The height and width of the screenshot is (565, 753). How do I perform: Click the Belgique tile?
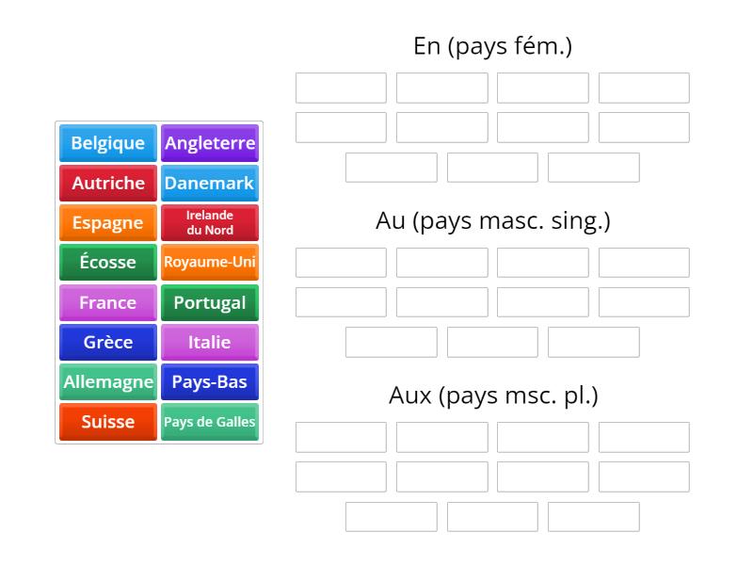[x=108, y=143]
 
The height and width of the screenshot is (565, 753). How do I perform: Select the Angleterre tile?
[x=210, y=143]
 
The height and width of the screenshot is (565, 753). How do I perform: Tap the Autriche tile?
[x=108, y=183]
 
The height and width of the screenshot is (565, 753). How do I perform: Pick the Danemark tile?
[x=210, y=183]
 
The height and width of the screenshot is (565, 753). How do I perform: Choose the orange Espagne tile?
[x=108, y=223]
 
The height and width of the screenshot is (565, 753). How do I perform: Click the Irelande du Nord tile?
[x=210, y=223]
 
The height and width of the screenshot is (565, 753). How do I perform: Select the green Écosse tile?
[x=108, y=263]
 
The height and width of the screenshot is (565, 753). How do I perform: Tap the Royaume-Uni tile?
[x=210, y=263]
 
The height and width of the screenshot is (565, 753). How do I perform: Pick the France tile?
[x=108, y=302]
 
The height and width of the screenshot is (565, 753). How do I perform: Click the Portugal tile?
[x=210, y=302]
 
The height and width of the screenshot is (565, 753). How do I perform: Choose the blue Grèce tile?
[x=108, y=342]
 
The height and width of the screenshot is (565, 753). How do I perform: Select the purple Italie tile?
[x=210, y=342]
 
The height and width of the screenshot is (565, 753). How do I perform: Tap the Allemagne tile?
[x=108, y=382]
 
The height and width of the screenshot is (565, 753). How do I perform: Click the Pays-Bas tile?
[x=210, y=382]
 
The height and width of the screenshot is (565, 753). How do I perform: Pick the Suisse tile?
[x=108, y=422]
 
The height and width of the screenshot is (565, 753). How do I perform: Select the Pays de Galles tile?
[x=210, y=422]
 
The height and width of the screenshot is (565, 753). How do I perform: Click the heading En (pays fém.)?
[x=492, y=46]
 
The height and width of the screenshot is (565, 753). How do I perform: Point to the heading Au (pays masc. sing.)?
[x=492, y=221]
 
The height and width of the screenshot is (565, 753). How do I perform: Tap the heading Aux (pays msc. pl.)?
[x=492, y=395]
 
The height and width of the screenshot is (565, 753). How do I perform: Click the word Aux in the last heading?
[x=409, y=395]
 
